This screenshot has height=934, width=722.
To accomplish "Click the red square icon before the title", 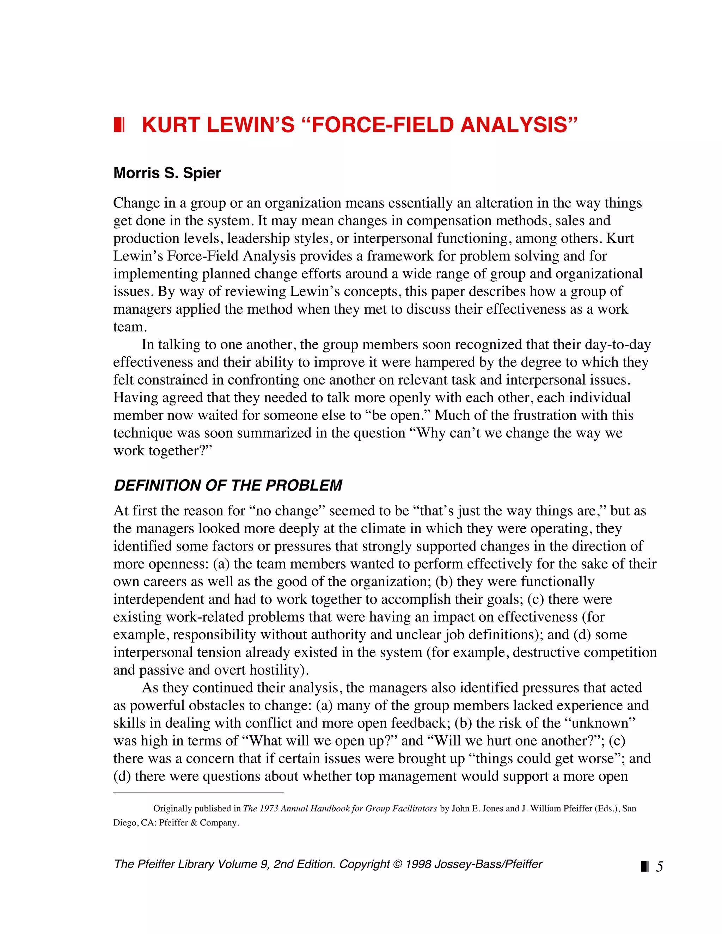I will (x=119, y=125).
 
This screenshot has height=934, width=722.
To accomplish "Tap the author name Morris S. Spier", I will (x=167, y=173).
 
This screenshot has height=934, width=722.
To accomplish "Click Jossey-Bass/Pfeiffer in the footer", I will (x=488, y=864).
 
